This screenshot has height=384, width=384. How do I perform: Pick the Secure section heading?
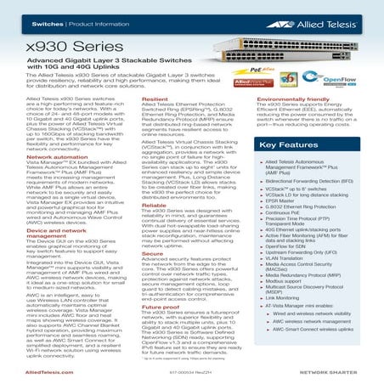[152, 252]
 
